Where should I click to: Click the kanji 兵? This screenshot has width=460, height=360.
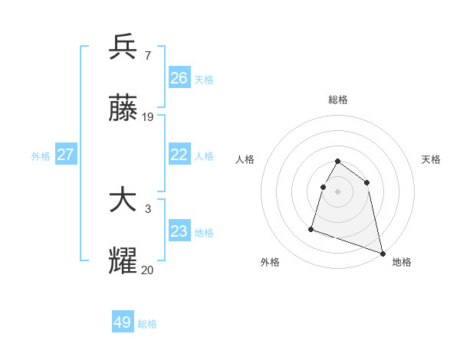(x=123, y=47)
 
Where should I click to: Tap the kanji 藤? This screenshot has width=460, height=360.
(x=123, y=110)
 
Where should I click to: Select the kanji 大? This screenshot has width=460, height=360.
(x=123, y=201)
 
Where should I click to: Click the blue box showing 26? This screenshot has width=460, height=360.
(x=179, y=78)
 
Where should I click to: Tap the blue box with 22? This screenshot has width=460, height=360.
(x=179, y=155)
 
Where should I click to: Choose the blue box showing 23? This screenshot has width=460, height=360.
(x=179, y=231)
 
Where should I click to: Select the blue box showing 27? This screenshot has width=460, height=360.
(x=66, y=155)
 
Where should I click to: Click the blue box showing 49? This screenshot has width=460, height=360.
(x=123, y=322)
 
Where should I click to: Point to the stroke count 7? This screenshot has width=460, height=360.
(x=147, y=56)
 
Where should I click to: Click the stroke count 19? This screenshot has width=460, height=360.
(x=148, y=117)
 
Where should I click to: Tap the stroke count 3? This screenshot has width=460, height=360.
(x=147, y=209)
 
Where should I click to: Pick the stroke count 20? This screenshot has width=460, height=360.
(x=148, y=270)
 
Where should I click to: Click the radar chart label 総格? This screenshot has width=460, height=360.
(x=338, y=100)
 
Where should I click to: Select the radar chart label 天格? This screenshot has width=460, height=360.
(x=431, y=159)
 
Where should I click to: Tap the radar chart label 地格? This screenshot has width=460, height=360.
(x=402, y=262)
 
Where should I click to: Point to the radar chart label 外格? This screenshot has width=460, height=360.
(x=270, y=262)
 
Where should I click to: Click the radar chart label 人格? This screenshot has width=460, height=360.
(x=245, y=159)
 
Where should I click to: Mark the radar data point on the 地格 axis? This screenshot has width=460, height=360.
(x=382, y=252)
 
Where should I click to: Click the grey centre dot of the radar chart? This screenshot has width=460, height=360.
(x=338, y=191)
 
